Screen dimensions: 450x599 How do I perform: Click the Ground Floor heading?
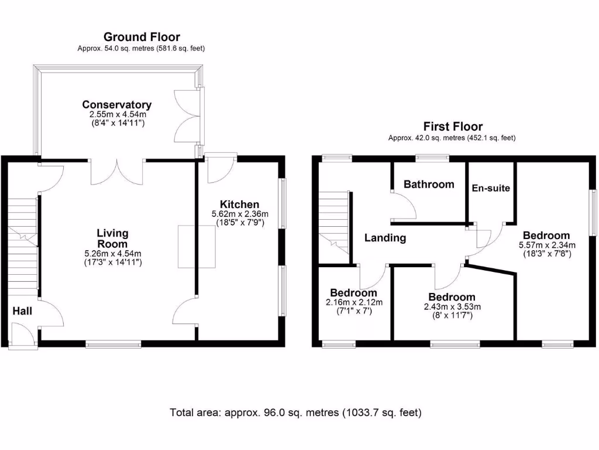pos(142,37)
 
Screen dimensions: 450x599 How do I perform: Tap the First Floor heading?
pos(453,127)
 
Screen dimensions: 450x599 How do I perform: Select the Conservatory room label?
pos(116,105)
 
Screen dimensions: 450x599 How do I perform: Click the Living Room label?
pos(112,238)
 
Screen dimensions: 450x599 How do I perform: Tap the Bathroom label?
pos(429,184)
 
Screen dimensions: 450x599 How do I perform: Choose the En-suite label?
pos(491,188)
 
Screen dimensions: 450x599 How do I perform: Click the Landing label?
pos(385,238)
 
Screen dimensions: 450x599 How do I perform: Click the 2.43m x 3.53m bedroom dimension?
pos(452,306)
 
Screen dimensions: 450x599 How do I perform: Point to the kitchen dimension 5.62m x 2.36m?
pos(239,214)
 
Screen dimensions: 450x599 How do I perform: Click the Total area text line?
pos(295,412)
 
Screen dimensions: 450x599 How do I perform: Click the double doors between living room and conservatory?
pos(117,172)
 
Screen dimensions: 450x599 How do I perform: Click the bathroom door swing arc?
pos(404,204)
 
